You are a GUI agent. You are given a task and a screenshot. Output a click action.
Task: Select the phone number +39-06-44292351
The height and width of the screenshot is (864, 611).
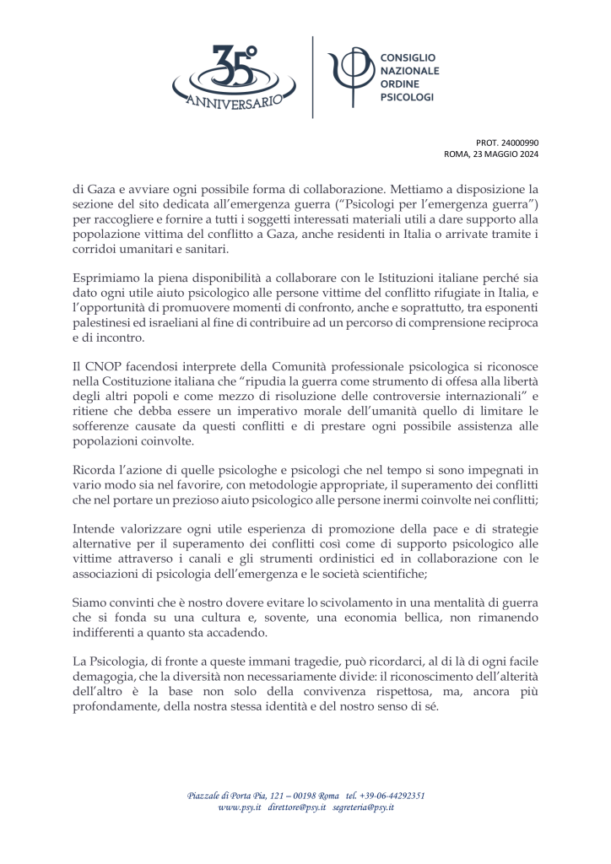click(392, 795)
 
